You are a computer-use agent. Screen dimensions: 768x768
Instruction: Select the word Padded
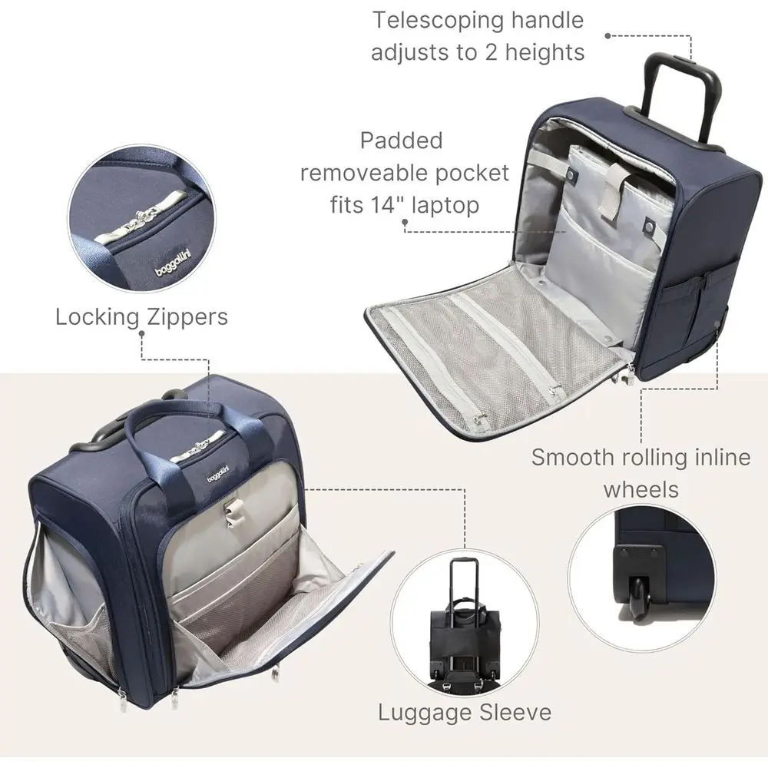(x=402, y=141)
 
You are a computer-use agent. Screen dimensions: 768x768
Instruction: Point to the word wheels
(x=641, y=490)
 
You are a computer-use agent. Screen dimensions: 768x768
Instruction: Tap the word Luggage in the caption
(x=424, y=713)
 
